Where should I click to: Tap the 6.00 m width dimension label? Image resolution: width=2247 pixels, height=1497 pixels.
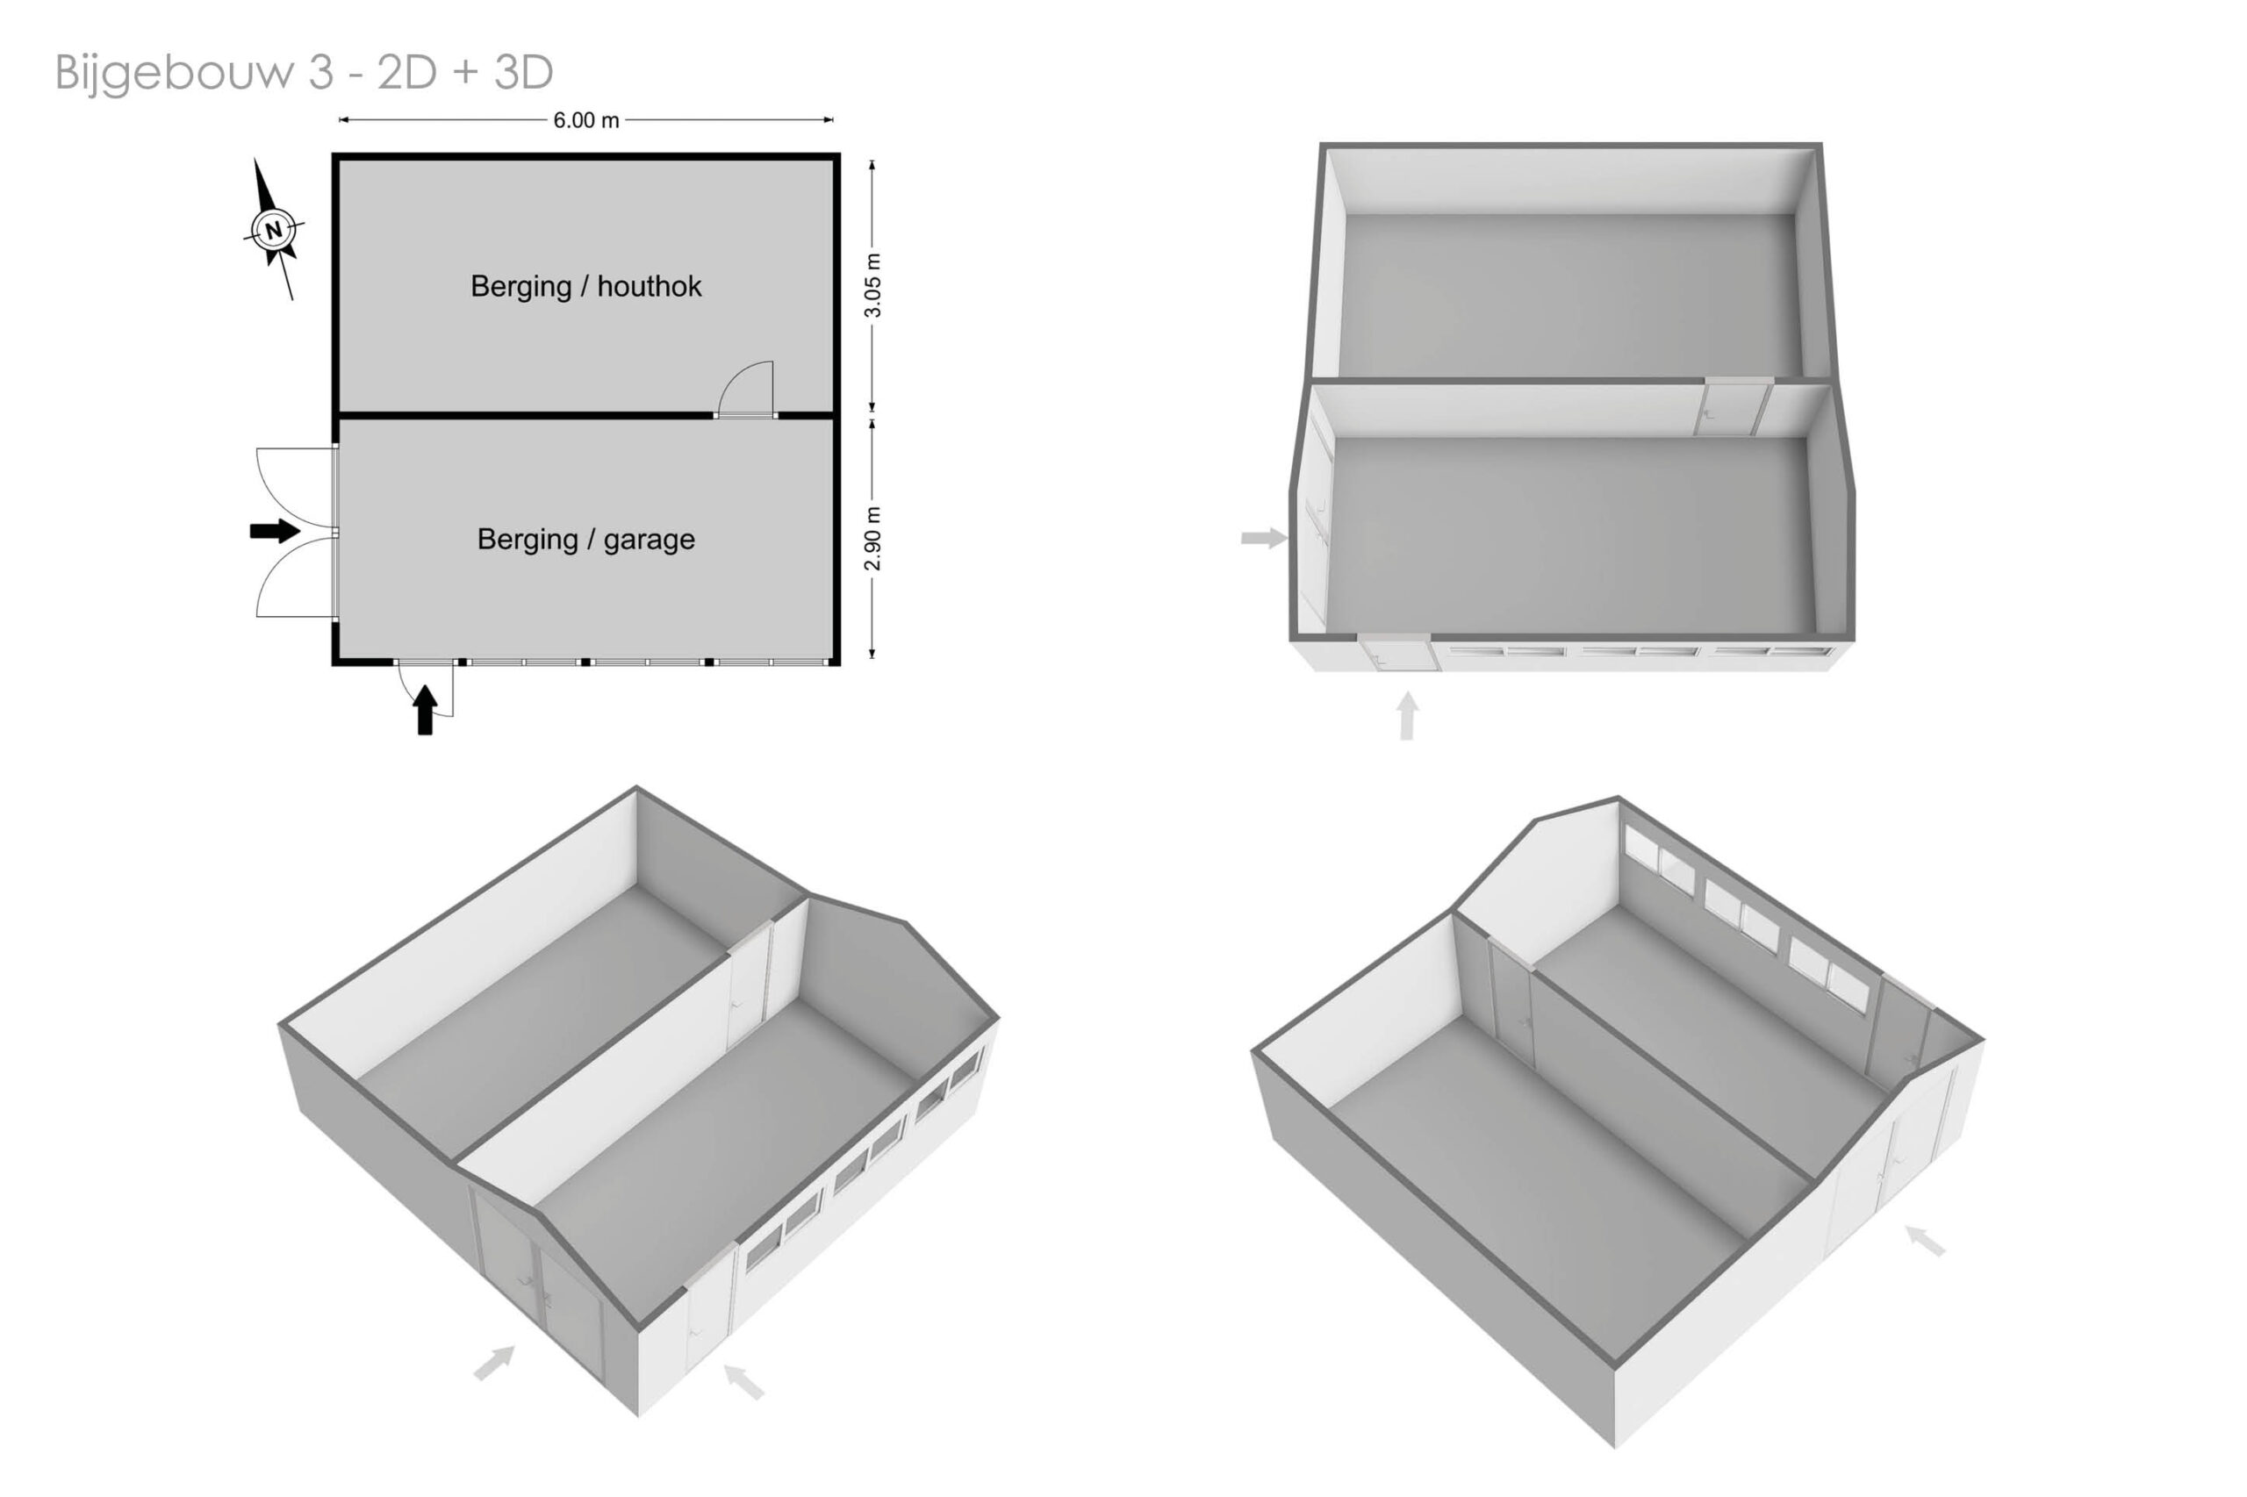pos(586,120)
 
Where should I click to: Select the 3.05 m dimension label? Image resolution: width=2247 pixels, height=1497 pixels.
pos(872,285)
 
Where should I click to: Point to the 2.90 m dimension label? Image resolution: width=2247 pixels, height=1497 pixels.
pos(872,539)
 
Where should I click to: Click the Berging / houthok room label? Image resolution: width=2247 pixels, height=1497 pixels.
pos(585,286)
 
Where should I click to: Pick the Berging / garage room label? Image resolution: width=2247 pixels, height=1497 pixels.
pos(585,540)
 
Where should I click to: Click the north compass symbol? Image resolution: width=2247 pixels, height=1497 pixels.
pos(274,229)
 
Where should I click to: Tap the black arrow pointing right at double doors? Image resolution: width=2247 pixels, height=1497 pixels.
pos(275,531)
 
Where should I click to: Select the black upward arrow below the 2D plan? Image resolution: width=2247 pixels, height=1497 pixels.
pos(426,710)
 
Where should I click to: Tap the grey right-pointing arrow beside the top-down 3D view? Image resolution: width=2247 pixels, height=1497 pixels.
pos(1264,539)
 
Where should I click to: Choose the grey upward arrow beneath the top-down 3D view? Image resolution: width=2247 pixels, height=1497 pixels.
pos(1407,716)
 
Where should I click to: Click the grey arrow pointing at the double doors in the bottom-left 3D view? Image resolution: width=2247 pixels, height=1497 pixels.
pos(495,1363)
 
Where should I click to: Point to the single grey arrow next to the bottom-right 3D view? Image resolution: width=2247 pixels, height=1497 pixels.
pos(1925,1241)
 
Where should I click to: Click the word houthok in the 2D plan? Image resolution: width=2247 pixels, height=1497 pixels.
pos(650,286)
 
